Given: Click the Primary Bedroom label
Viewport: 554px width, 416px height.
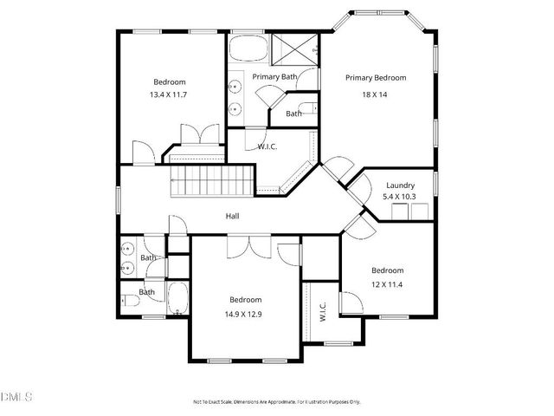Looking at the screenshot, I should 376,78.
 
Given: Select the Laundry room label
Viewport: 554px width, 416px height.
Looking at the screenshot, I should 400,185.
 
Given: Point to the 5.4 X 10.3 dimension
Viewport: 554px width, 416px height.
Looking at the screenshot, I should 400,198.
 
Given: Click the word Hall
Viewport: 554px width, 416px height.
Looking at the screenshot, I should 232,217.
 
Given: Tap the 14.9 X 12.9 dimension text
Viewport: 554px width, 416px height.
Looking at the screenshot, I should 245,313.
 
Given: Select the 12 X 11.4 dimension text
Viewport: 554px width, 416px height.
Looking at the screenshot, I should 387,283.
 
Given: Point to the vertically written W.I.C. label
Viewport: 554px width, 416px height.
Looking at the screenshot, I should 322,311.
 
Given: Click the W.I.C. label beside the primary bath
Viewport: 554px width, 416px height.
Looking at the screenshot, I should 267,146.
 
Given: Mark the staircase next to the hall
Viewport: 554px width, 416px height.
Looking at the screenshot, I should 212,183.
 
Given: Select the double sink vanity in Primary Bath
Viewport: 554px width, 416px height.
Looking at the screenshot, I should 235,97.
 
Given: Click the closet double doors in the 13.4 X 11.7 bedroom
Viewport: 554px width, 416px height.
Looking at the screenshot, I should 193,136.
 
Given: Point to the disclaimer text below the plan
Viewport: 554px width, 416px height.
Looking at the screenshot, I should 276,402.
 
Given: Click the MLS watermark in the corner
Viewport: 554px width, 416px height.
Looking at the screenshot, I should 16,398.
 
